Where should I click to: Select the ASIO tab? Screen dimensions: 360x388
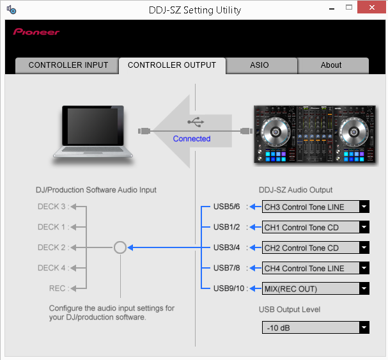pos(260,65)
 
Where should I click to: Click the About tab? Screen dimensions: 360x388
pos(331,65)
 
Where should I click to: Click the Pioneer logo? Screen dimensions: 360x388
pos(36,31)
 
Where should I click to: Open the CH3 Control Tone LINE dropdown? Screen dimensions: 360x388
pos(316,207)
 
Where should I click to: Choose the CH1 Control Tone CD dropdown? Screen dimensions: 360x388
pos(316,228)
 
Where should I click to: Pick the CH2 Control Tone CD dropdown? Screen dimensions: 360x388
pos(316,248)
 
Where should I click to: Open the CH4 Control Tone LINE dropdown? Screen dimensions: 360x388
pos(316,269)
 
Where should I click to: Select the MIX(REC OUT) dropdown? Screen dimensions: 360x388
pos(316,289)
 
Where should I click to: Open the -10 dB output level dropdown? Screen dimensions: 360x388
pos(316,328)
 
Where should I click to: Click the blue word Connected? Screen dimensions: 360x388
pos(192,139)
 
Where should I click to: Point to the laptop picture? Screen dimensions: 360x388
pos(94,130)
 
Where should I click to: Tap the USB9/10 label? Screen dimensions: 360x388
pos(229,289)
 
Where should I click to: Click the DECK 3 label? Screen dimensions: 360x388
pos(52,207)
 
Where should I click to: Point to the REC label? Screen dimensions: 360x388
pos(58,289)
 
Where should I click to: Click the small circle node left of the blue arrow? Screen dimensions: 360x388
pos(120,247)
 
